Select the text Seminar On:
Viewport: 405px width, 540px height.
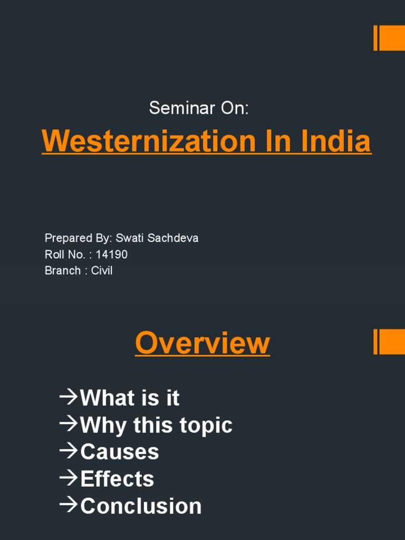[198, 108]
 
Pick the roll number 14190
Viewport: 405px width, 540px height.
[111, 255]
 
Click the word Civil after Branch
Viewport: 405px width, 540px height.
[102, 271]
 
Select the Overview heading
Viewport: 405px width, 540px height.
[202, 343]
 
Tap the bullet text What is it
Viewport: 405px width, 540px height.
[130, 398]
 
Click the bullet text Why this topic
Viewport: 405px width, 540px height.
[156, 425]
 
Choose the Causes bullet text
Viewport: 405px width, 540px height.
[119, 452]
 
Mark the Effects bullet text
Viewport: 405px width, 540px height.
[117, 479]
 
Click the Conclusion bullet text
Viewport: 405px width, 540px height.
[141, 506]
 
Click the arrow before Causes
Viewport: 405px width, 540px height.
[69, 451]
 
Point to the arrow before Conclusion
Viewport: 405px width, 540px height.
[69, 505]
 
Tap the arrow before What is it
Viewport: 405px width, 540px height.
[69, 397]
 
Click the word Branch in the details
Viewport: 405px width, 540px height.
[63, 271]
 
